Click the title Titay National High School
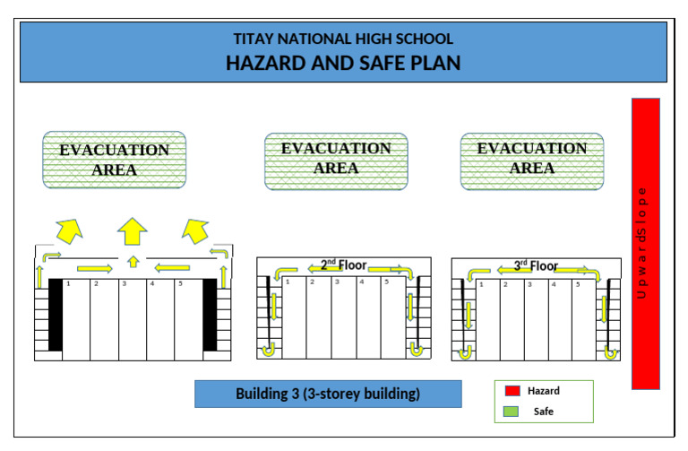[343, 39]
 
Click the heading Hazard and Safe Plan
[343, 64]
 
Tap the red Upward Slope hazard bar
[645, 243]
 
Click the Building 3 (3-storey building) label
[328, 394]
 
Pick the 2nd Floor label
[342, 265]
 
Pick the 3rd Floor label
[536, 265]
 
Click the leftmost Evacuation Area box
[115, 160]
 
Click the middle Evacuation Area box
[336, 159]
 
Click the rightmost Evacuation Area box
[532, 159]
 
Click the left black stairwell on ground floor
[56, 314]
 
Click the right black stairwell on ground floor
[210, 314]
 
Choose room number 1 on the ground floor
[75, 318]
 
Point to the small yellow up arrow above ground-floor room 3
[133, 262]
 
